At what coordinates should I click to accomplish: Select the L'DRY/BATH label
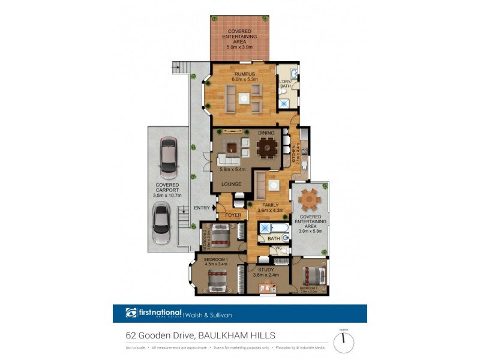point(286,84)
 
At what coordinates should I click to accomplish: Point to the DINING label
point(266,133)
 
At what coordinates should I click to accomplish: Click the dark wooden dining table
point(267,148)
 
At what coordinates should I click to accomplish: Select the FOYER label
point(233,214)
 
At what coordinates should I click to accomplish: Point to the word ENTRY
point(202,208)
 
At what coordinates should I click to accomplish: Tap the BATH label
point(274,239)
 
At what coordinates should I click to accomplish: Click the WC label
point(278,248)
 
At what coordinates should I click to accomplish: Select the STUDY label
point(265,270)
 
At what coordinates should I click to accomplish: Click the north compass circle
point(343,343)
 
